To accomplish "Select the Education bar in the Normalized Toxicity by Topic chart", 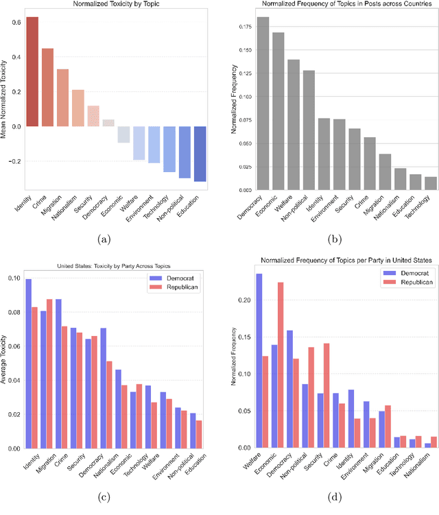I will click(200, 154).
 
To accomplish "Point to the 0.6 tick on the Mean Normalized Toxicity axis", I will click(14, 21).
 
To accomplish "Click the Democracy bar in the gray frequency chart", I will click(263, 103).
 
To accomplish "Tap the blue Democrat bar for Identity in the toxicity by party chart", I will click(29, 363).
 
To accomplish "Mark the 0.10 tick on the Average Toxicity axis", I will click(14, 278).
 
